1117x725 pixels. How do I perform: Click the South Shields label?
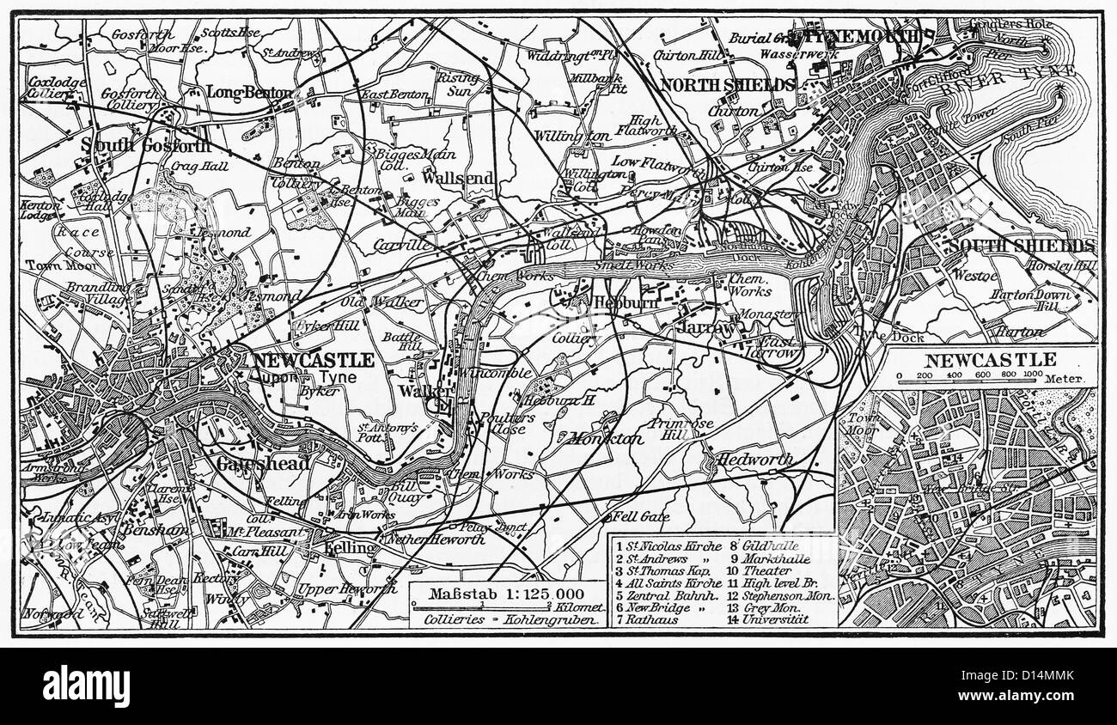pos(1022,246)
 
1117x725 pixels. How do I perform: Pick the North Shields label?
pos(726,85)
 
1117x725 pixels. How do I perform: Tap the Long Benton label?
pos(250,92)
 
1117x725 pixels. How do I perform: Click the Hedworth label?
pos(754,459)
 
